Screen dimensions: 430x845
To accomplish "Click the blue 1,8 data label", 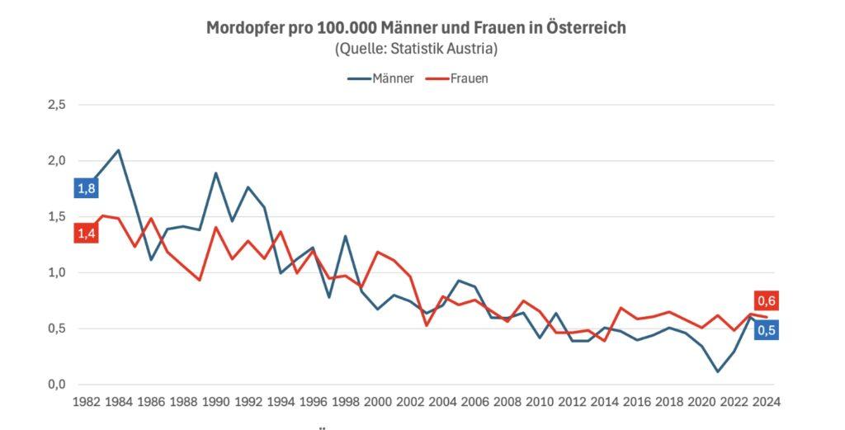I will (x=86, y=189).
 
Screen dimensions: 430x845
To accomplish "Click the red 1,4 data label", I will (x=86, y=234).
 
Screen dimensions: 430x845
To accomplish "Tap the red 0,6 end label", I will (x=767, y=300).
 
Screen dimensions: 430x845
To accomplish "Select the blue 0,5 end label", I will (x=767, y=330).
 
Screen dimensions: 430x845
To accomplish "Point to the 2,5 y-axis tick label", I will (x=55, y=105).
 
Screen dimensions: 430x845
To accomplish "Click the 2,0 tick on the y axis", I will (x=55, y=161).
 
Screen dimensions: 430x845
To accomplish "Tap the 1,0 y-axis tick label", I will (x=55, y=272).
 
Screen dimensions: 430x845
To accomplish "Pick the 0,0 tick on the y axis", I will (x=55, y=385).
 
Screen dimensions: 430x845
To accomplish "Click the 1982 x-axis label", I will (x=86, y=402).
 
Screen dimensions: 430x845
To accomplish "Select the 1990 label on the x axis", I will (x=215, y=402).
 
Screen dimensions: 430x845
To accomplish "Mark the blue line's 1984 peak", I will (x=119, y=150).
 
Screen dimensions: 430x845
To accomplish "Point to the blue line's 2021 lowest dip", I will (x=717, y=371).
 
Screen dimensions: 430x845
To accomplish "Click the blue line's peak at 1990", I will (x=216, y=173).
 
